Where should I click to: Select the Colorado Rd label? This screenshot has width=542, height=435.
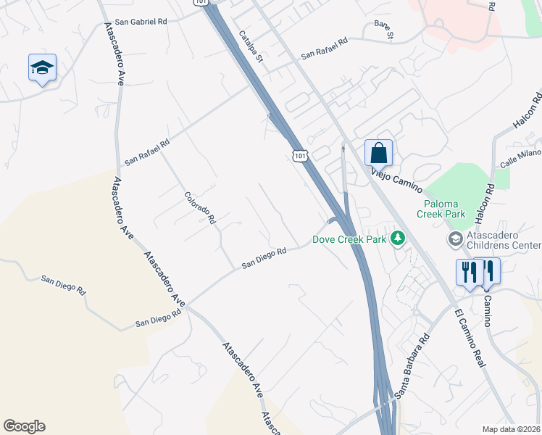tap(201, 207)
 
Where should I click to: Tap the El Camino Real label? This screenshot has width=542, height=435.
tap(470, 339)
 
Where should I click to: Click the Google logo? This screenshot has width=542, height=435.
tap(24, 426)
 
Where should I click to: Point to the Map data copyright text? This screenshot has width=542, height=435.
tap(511, 429)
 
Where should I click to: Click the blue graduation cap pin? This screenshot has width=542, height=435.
tap(43, 68)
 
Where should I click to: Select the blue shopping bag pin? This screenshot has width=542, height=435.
tap(378, 153)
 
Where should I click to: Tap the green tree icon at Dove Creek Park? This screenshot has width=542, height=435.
tap(397, 238)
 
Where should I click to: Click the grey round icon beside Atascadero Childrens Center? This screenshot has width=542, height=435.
tap(455, 239)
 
